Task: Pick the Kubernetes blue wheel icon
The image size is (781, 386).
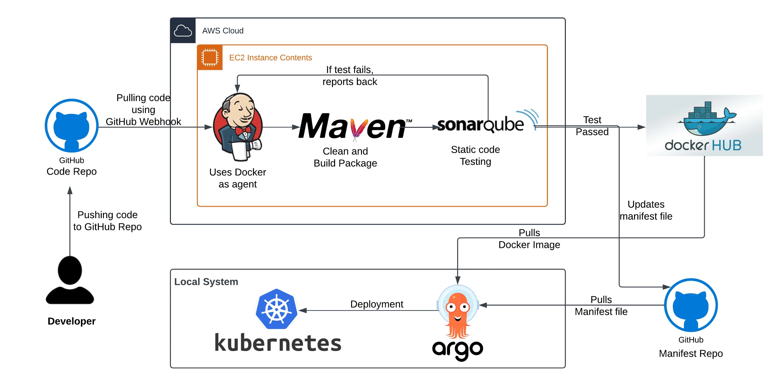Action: [276, 309]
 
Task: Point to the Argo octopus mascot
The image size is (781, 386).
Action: [458, 312]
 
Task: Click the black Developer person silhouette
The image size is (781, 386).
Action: [70, 280]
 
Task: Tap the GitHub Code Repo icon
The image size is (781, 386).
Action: [72, 126]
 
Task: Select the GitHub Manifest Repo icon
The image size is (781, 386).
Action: [691, 305]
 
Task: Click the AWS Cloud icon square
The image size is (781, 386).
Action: [183, 31]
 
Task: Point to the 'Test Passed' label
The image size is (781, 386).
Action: [592, 126]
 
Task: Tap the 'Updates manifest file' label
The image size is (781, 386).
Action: [646, 210]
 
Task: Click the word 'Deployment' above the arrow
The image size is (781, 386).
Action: [376, 304]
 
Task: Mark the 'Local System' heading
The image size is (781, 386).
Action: [206, 282]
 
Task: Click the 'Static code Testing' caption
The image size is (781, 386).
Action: [475, 156]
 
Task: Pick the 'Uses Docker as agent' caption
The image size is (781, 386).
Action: [238, 178]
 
